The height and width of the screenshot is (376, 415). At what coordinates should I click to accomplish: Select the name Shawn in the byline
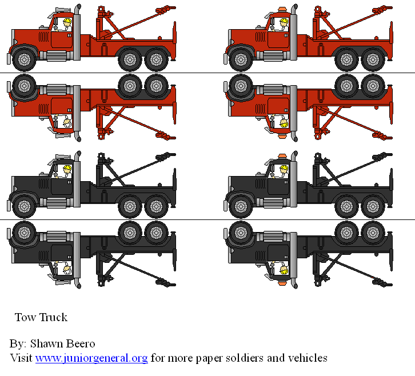coord(47,344)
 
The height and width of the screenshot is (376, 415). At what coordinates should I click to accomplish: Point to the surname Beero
coord(81,344)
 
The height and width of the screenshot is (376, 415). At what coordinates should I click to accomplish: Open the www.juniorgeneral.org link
coord(91,358)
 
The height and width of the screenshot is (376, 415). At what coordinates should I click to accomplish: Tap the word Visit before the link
coord(22,358)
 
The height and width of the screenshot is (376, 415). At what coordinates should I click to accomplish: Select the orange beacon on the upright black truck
coord(282,155)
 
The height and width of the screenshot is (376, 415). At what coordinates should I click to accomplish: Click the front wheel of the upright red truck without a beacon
coord(23,58)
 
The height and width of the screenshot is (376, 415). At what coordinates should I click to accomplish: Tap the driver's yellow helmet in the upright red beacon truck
coord(284,23)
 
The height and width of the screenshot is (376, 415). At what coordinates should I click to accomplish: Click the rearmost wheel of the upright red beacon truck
coord(373,59)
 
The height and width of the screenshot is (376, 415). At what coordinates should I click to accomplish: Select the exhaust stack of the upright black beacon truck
coord(294,177)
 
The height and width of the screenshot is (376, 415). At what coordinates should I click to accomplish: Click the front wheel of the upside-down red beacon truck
coord(240,86)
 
